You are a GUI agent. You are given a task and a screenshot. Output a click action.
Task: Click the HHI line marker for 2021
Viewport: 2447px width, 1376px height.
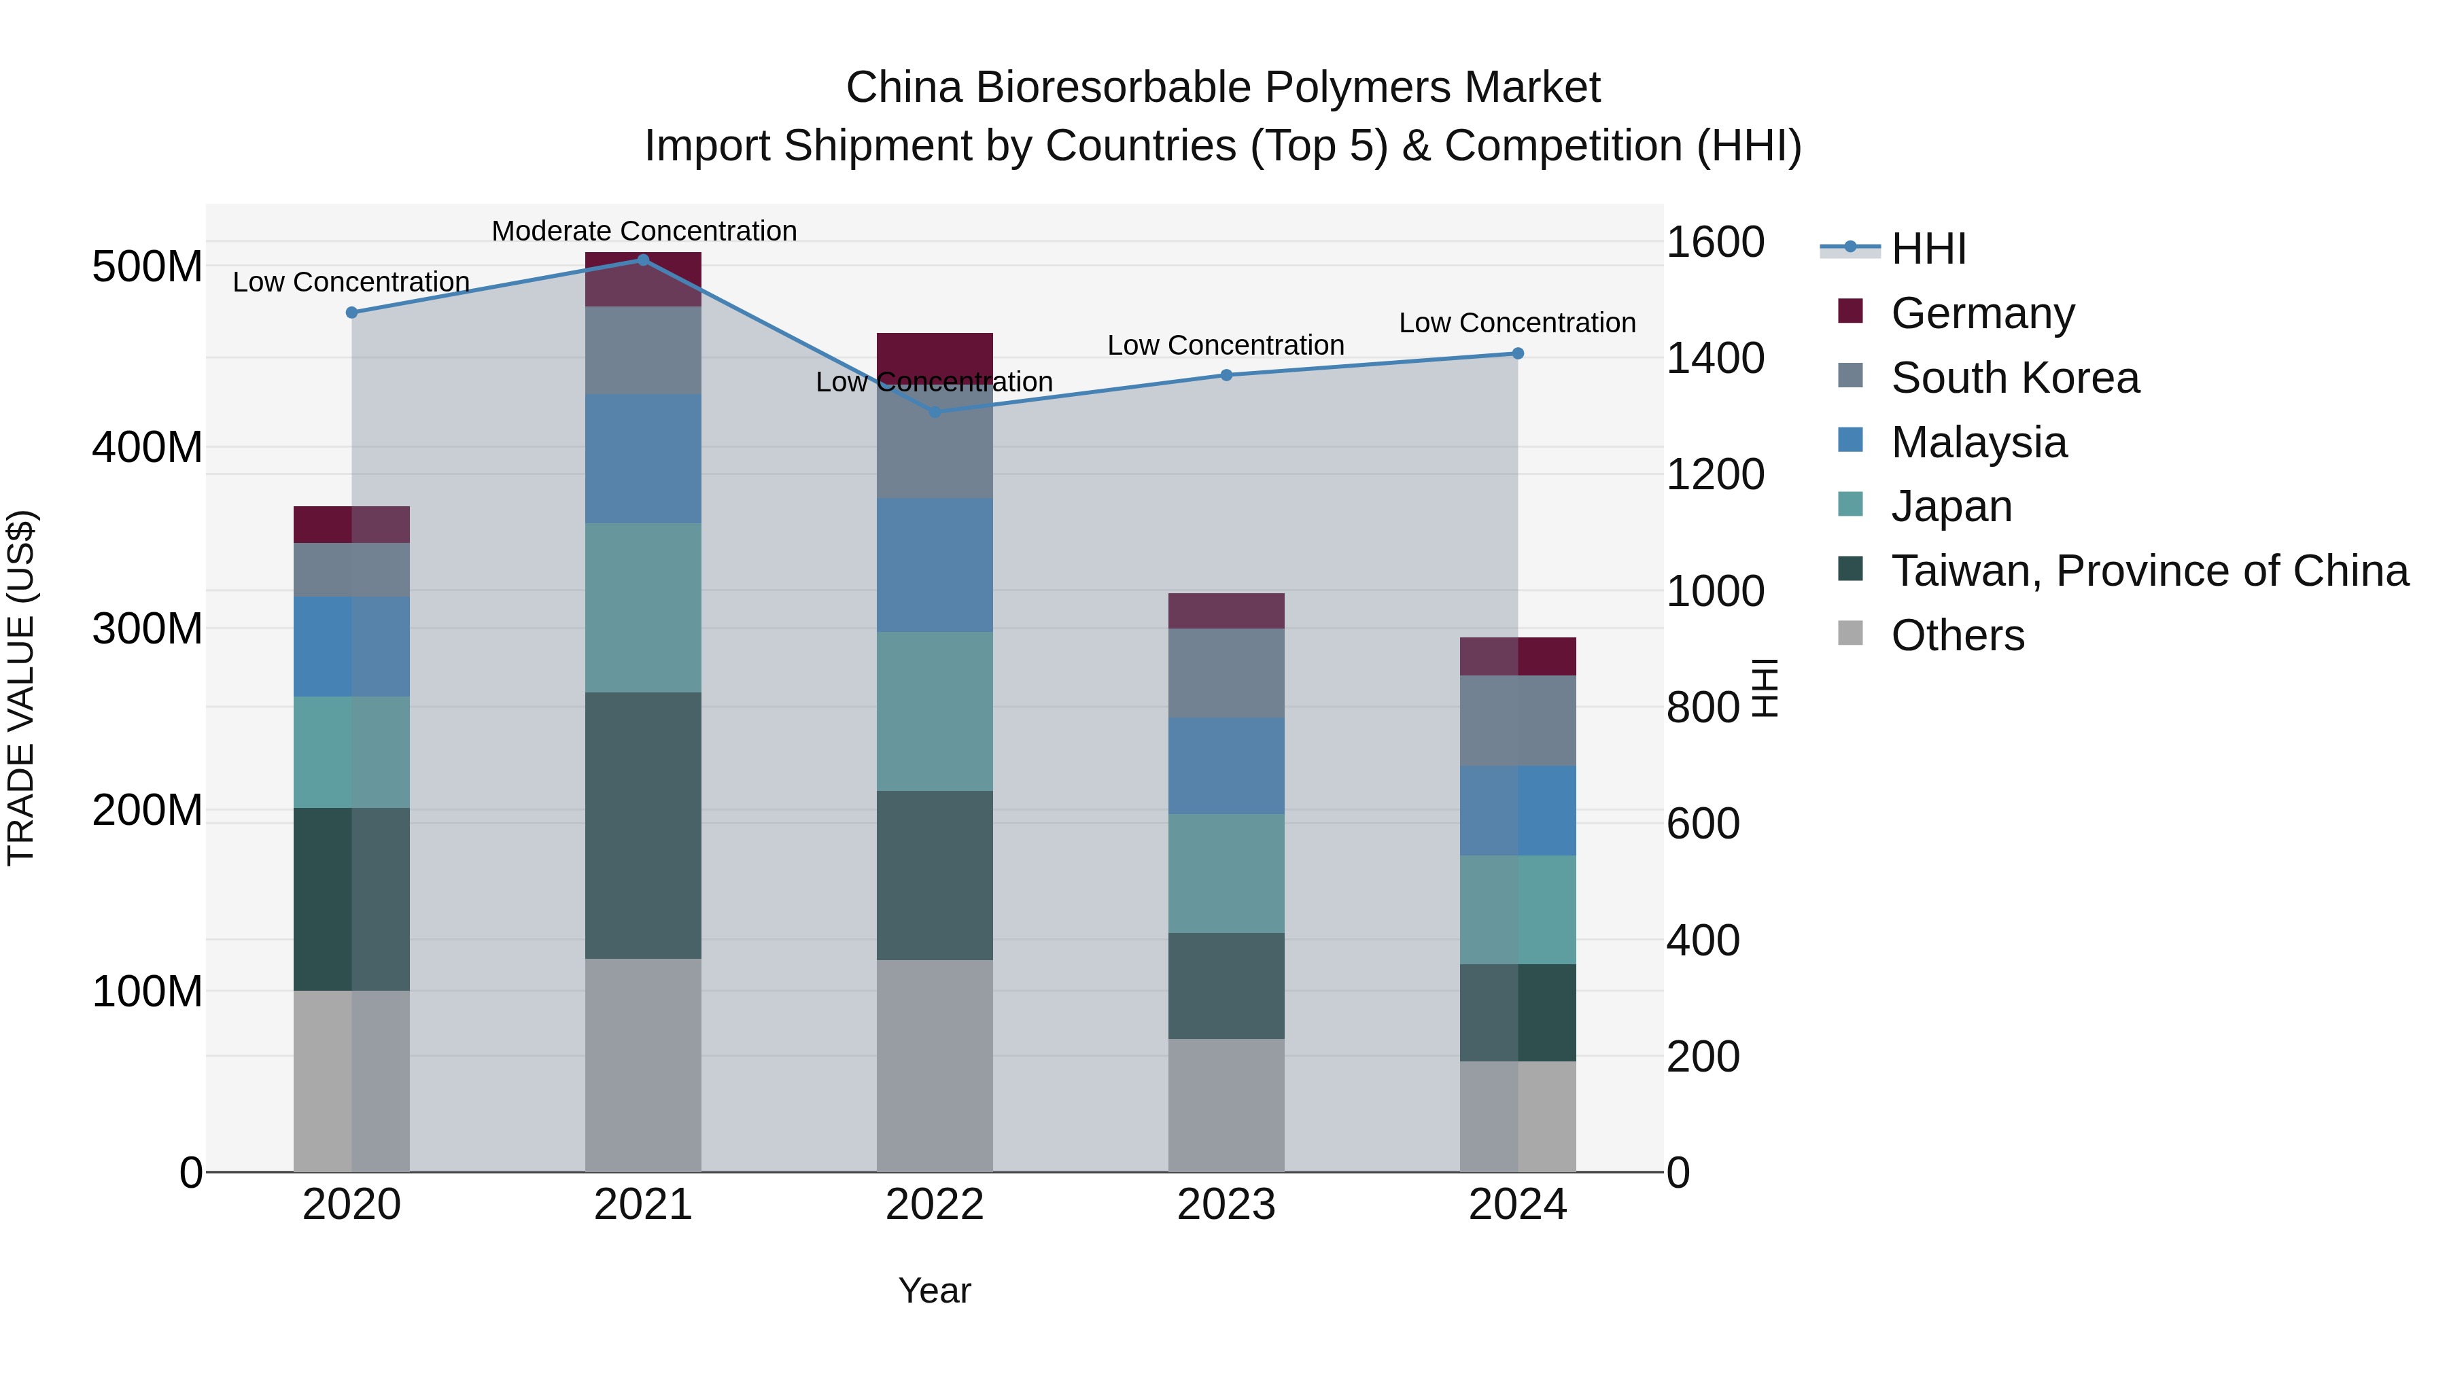coord(643,260)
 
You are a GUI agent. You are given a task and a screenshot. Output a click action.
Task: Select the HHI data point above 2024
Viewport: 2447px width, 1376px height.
coord(1517,353)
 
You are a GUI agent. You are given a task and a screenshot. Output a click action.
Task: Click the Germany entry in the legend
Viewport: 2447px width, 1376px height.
coord(1983,313)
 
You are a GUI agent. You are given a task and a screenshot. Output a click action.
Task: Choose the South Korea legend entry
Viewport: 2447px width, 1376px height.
coord(2015,378)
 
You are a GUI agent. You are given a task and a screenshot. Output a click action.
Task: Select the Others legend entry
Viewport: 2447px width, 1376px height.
coord(1957,635)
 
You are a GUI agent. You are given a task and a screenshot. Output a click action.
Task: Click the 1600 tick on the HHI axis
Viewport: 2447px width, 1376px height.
coord(1715,242)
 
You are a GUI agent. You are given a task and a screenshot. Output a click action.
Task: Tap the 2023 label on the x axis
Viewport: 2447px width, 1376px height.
coord(1226,1205)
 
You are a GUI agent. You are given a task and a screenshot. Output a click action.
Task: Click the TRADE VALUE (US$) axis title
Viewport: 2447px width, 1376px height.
coord(21,688)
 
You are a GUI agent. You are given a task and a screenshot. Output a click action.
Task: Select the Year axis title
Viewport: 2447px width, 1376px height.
coord(935,1290)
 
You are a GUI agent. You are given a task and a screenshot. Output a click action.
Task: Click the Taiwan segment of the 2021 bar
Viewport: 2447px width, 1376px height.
coord(643,824)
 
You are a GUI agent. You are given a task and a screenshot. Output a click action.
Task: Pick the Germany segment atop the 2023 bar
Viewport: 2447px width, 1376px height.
coord(1226,611)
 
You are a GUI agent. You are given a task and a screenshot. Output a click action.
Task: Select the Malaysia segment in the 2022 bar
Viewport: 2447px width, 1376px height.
coord(935,565)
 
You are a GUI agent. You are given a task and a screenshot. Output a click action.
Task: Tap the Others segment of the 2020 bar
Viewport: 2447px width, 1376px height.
coord(351,1080)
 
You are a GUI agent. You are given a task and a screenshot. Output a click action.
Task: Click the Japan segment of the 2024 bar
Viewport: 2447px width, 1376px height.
coord(1517,910)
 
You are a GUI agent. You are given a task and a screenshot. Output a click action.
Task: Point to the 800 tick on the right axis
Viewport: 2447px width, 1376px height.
coord(1702,707)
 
